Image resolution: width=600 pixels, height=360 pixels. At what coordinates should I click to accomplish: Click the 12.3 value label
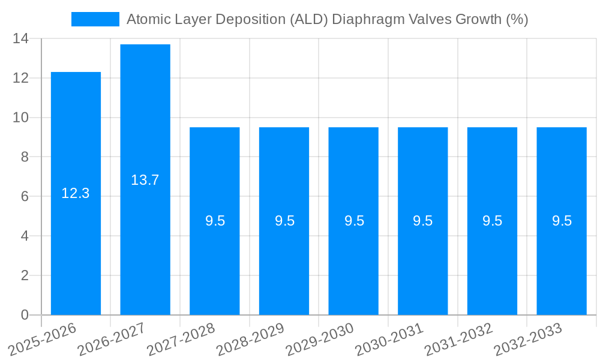point(76,193)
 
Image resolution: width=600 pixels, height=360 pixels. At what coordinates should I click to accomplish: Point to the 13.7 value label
point(145,179)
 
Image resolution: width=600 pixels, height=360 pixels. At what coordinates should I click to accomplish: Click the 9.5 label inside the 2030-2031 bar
point(423,221)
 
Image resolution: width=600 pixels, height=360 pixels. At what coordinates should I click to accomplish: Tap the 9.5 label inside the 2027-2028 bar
point(215,221)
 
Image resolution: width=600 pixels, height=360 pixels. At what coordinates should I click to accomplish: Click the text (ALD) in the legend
point(308,19)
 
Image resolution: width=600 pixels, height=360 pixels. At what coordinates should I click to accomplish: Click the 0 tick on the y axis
point(25,315)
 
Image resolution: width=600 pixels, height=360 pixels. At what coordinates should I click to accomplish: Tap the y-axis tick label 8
point(25,157)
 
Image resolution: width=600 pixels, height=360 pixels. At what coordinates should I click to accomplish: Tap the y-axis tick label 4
point(25,236)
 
